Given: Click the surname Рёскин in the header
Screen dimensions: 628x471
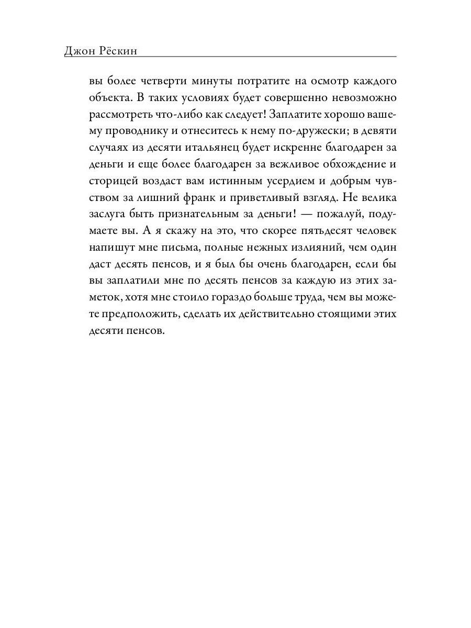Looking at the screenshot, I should (x=121, y=50).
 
